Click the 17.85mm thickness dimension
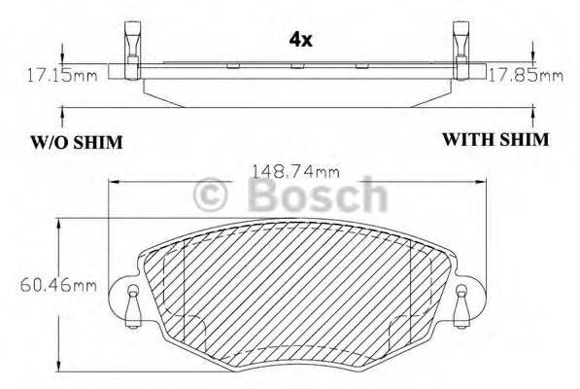(x=525, y=73)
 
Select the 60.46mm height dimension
(x=58, y=285)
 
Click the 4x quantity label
(x=301, y=40)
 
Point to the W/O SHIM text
(x=74, y=143)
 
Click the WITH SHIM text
(x=495, y=140)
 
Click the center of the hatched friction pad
(x=295, y=287)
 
